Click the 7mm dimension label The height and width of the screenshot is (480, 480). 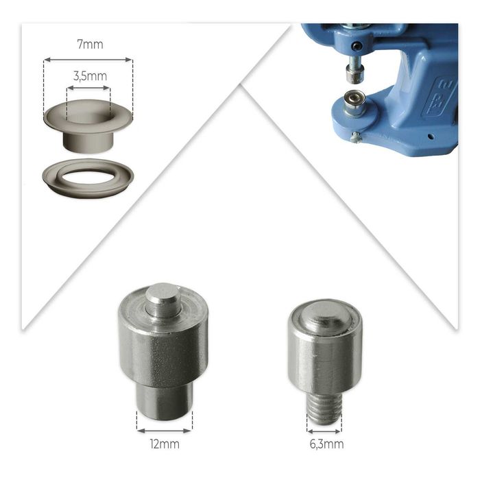click(90, 45)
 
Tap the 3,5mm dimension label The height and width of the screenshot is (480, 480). click(90, 76)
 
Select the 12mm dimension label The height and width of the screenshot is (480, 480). click(165, 444)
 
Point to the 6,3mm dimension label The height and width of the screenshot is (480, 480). click(326, 444)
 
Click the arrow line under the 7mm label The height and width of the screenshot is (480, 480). click(88, 60)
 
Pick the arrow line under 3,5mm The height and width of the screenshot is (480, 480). click(88, 88)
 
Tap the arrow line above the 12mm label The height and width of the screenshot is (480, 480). click(165, 431)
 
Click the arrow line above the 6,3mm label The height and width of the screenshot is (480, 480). click(324, 431)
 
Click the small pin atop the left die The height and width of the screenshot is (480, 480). click(162, 300)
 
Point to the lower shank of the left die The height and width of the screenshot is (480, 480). click(165, 402)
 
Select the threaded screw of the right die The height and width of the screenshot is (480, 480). click(324, 409)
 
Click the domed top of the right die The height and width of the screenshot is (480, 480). click(325, 315)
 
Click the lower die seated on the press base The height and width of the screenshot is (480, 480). click(355, 104)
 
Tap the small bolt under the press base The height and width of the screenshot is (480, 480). click(356, 138)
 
